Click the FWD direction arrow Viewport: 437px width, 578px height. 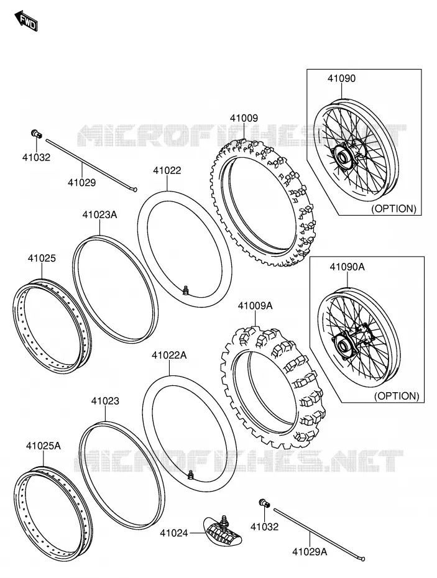pos(26,22)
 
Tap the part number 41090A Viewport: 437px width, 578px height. pos(347,267)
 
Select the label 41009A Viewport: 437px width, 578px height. pos(255,306)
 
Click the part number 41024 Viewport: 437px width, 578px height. pos(173,533)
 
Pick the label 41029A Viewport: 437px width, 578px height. pos(310,551)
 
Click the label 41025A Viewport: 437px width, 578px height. pos(43,446)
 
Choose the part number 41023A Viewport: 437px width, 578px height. pos(99,214)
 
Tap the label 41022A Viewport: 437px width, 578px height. pos(169,356)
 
